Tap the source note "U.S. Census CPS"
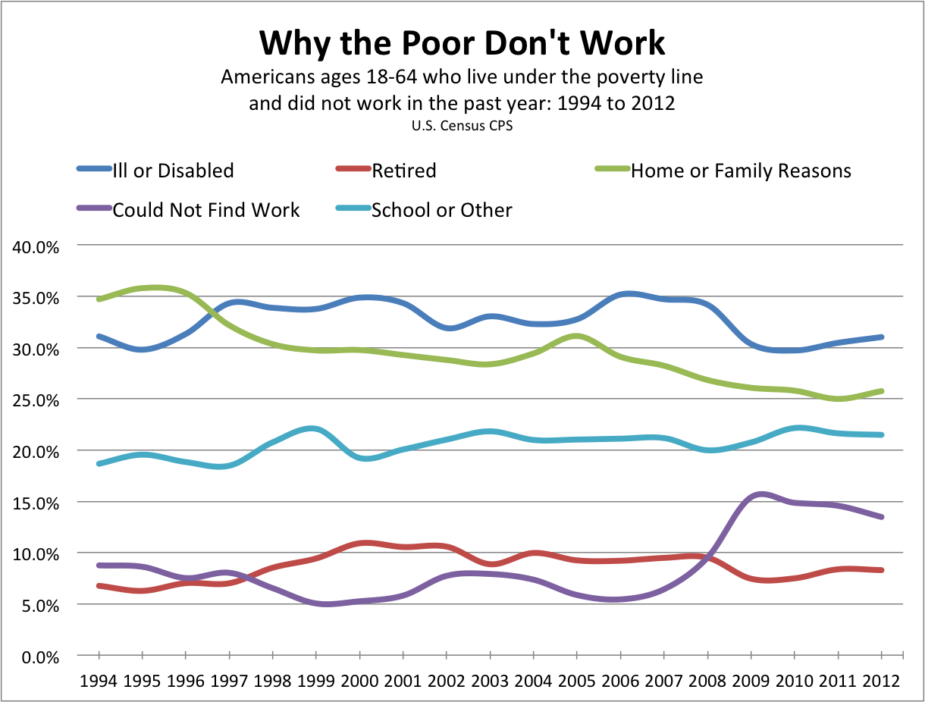click(x=462, y=126)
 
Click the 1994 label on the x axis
click(x=99, y=680)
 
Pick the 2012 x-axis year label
click(x=882, y=680)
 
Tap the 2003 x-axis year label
click(x=491, y=680)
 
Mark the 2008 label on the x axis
click(x=708, y=680)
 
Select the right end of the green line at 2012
click(x=882, y=391)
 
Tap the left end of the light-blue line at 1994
click(x=99, y=463)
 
